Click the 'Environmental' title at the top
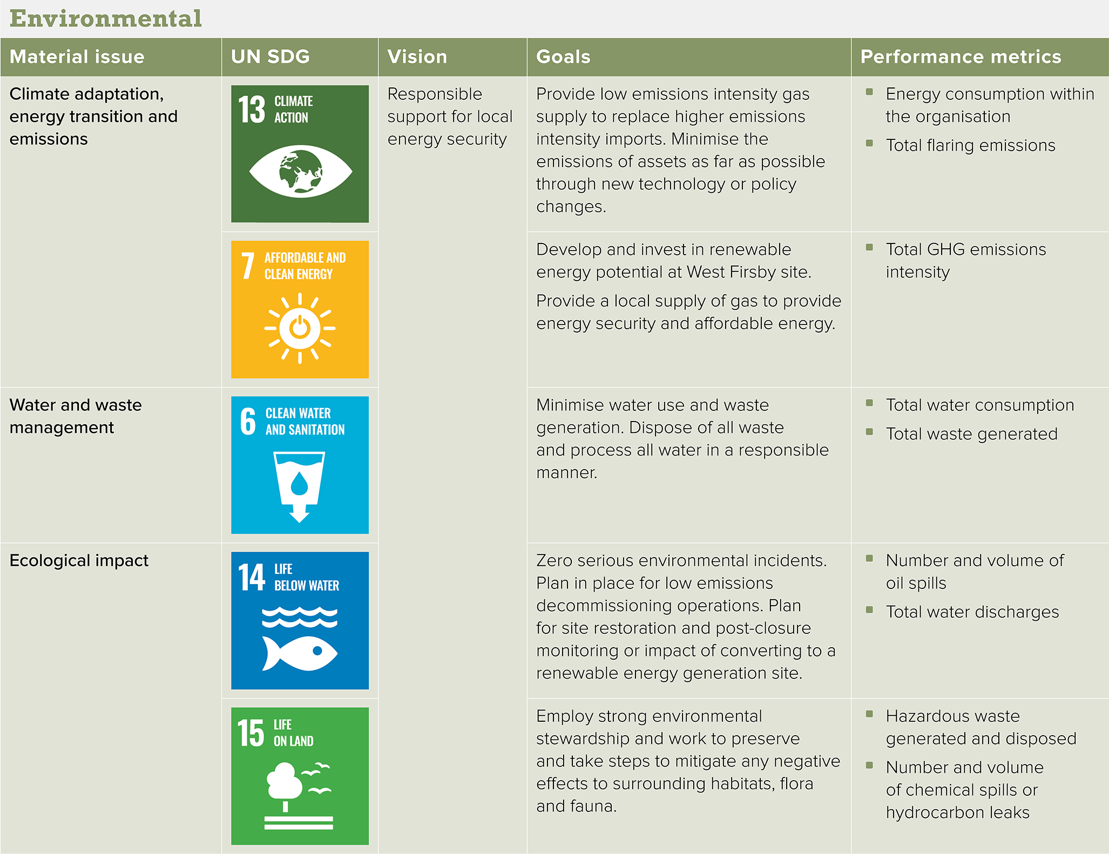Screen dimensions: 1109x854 pos(106,18)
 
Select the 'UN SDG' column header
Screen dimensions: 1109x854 pos(271,57)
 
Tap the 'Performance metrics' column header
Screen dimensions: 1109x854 pos(961,57)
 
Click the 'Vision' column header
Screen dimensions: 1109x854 pos(417,57)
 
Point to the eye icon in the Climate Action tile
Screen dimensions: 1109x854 pos(301,171)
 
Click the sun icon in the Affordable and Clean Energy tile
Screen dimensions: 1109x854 pos(300,328)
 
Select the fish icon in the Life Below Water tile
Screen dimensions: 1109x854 pos(300,653)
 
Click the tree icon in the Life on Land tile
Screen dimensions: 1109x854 pos(285,782)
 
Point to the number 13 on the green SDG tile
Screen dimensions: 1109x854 pos(252,110)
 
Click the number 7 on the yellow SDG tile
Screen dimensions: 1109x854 pos(248,266)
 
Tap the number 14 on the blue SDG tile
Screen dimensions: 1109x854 pos(252,577)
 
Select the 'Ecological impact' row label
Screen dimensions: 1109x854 pos(79,560)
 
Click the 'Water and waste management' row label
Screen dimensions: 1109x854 pos(76,416)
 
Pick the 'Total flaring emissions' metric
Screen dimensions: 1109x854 pos(971,145)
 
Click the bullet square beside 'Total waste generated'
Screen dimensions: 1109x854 pos(869,431)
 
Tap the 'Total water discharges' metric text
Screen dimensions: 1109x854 pos(972,612)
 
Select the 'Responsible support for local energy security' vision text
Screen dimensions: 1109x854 pos(450,117)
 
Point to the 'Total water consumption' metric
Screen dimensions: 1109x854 pos(980,405)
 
